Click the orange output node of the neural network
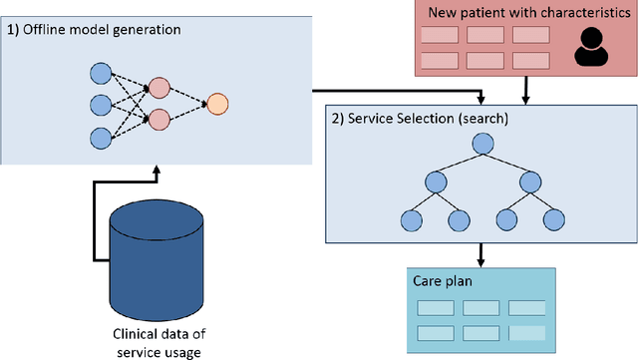217,103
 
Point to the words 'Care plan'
443,282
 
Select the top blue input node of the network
100,72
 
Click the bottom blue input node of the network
100,136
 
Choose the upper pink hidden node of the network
159,87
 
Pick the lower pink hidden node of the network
159,120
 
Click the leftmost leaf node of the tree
409,219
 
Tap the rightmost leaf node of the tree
556,219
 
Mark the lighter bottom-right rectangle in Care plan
526,333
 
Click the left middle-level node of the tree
435,182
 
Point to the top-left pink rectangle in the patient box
440,35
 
